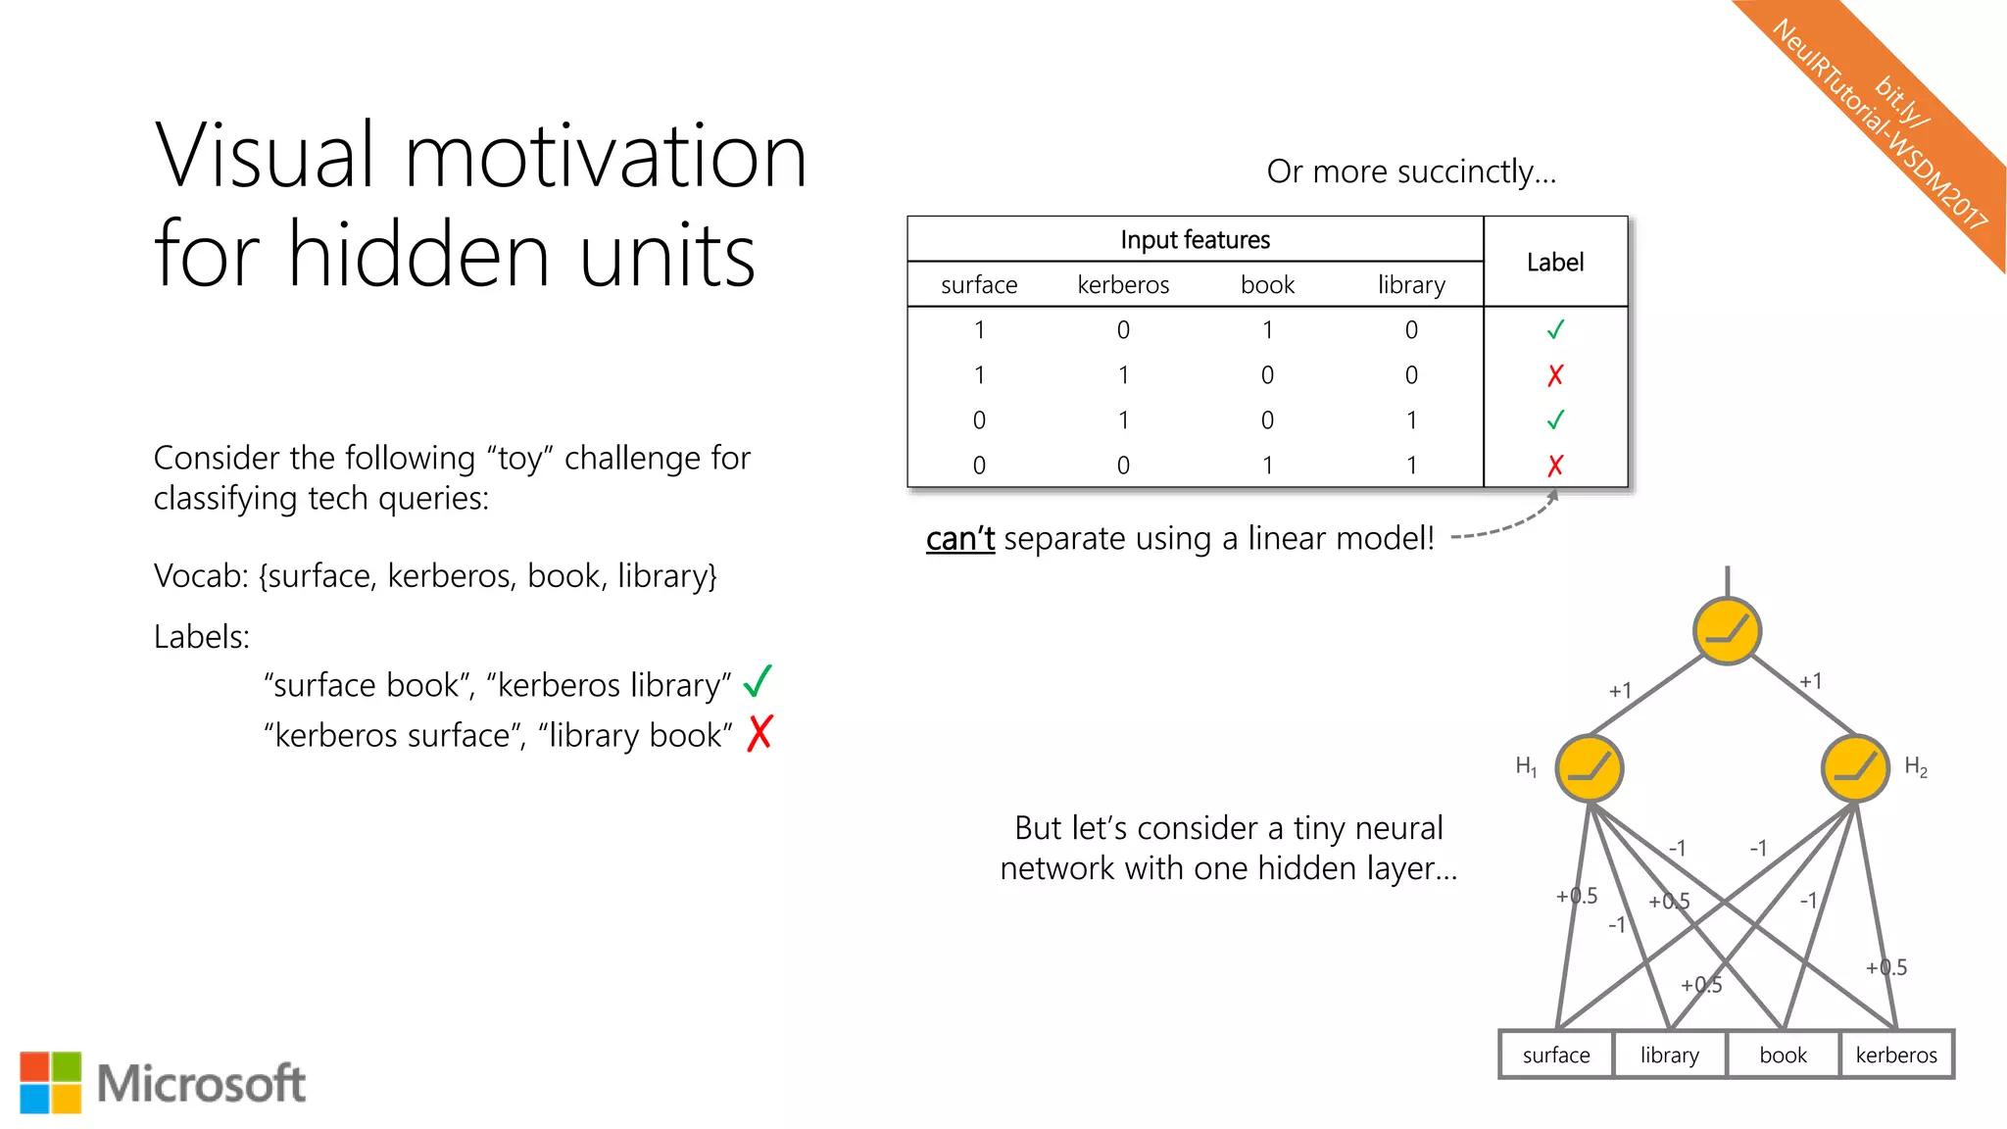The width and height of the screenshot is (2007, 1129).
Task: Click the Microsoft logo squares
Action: pyautogui.click(x=51, y=1083)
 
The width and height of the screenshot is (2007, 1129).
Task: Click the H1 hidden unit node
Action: pyautogui.click(x=1589, y=768)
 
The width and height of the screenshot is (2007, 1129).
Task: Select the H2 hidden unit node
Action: pyautogui.click(x=1854, y=768)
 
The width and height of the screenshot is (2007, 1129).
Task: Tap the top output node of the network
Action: pyautogui.click(x=1727, y=631)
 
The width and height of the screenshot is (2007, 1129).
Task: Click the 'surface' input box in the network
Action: pyautogui.click(x=1556, y=1055)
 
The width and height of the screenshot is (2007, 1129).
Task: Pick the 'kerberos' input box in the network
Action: pyautogui.click(x=1896, y=1055)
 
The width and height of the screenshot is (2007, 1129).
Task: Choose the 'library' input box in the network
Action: pyautogui.click(x=1669, y=1055)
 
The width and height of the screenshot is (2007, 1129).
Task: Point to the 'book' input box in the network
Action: pyautogui.click(x=1783, y=1055)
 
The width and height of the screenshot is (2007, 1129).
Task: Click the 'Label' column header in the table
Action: pyautogui.click(x=1555, y=262)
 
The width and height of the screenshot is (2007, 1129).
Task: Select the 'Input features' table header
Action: pyautogui.click(x=1195, y=239)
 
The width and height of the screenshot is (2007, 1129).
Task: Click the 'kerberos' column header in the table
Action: pyautogui.click(x=1123, y=285)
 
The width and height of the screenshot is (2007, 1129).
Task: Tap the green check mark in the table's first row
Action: pyautogui.click(x=1555, y=330)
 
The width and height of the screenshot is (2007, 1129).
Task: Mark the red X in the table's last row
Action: pyautogui.click(x=1555, y=466)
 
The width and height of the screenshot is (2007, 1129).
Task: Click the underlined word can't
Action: pyautogui.click(x=959, y=539)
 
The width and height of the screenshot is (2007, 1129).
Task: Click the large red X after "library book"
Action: pyautogui.click(x=759, y=733)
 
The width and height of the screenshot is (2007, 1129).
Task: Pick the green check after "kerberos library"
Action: pyautogui.click(x=758, y=681)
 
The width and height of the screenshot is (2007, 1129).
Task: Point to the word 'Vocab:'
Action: pyautogui.click(x=202, y=576)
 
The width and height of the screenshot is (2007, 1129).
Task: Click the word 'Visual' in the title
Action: pyautogui.click(x=265, y=157)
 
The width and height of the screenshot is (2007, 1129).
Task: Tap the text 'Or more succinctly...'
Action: pyautogui.click(x=1411, y=172)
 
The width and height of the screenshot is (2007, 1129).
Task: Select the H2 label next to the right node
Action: pyautogui.click(x=1915, y=767)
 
